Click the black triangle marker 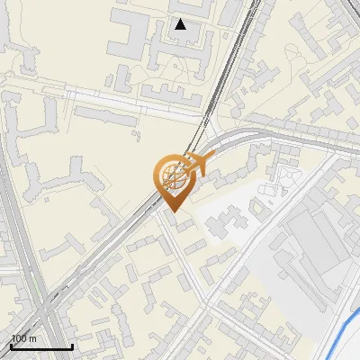point(181,24)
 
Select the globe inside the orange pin point(173,176)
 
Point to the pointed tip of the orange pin point(171,212)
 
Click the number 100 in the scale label point(20,338)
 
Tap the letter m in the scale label point(33,338)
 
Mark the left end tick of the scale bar point(11,346)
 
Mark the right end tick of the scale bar point(72,346)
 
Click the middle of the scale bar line point(41,346)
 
